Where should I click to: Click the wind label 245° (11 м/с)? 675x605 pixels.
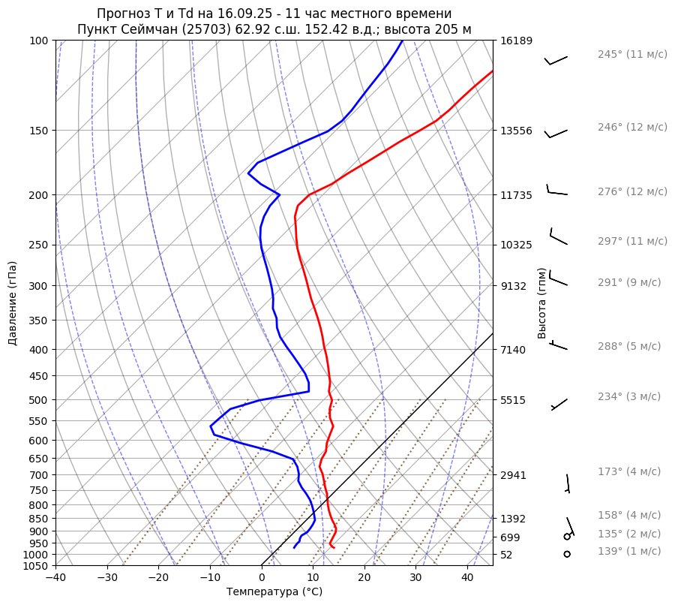point(632,54)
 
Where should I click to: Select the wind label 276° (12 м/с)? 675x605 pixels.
point(632,191)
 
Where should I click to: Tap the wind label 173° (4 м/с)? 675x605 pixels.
point(629,471)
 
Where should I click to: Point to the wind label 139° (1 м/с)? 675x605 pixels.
point(629,551)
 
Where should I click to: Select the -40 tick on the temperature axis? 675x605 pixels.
point(55,578)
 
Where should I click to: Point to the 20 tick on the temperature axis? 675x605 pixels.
point(364,578)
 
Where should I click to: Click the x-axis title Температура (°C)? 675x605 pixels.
point(274,591)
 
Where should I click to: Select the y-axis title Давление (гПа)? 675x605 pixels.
point(13,303)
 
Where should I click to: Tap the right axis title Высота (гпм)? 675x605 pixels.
point(541,303)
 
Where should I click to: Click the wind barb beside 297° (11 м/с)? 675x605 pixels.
point(558,238)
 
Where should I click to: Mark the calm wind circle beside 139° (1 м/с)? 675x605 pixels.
point(567,554)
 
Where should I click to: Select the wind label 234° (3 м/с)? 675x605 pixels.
point(629,396)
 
